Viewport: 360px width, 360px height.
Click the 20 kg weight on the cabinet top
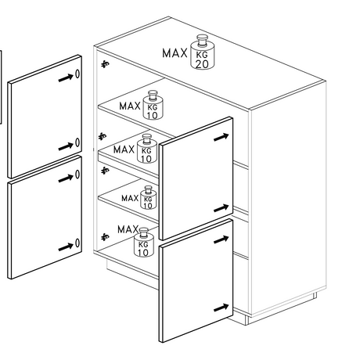point(202,52)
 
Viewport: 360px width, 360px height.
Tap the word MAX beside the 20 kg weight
point(175,53)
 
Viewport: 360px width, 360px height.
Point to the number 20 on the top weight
point(202,64)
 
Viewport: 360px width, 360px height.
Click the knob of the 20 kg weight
point(201,40)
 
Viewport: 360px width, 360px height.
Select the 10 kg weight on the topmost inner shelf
point(153,105)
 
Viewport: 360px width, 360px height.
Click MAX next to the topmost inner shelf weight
point(130,106)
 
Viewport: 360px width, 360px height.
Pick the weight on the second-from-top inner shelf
point(147,149)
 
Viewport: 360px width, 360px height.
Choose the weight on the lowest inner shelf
point(148,197)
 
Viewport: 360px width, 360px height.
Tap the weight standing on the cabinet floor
point(143,242)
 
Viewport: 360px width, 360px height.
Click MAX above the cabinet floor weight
point(128,229)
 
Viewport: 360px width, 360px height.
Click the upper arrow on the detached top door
point(66,77)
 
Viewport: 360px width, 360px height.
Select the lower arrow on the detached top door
point(66,146)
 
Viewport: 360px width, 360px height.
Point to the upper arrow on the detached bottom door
point(66,178)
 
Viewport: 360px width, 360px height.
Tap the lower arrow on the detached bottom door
point(66,247)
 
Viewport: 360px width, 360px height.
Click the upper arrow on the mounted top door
point(221,137)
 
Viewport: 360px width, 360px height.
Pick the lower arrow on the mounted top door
point(221,208)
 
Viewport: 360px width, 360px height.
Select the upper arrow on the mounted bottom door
point(221,239)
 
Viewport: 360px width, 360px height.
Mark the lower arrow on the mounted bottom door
point(221,308)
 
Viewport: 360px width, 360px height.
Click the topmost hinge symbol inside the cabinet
point(105,64)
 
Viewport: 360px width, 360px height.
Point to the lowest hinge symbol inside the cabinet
point(105,236)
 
